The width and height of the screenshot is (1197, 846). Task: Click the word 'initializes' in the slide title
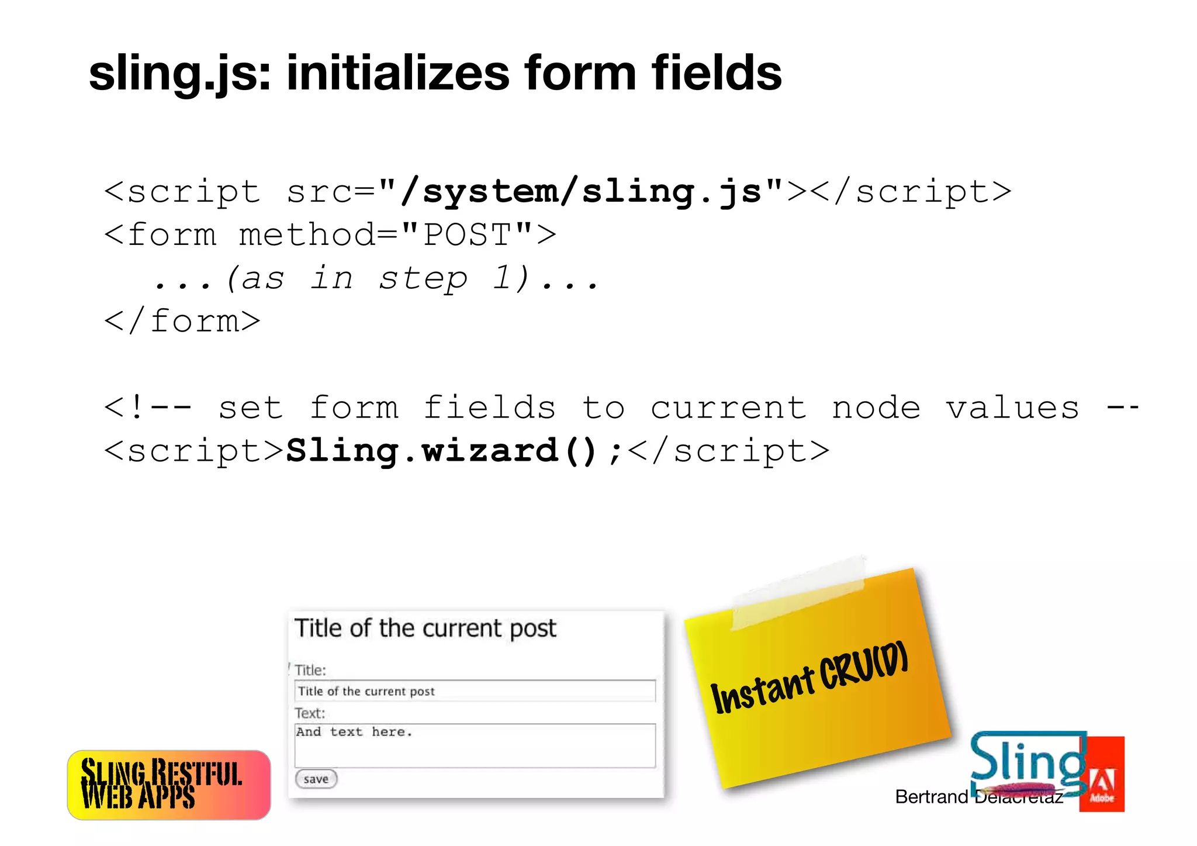coord(397,73)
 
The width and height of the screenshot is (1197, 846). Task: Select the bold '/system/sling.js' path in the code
coord(581,192)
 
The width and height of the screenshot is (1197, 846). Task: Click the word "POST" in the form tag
coord(467,235)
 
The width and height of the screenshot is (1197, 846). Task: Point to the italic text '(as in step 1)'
coord(378,278)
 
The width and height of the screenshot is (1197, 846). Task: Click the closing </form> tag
coord(182,321)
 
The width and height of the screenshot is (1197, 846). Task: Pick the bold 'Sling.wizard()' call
coord(441,451)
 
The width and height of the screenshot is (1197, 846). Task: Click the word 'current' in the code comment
coord(728,408)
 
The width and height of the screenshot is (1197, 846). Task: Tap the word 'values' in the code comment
coord(1012,408)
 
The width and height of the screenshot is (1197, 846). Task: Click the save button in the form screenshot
coord(316,779)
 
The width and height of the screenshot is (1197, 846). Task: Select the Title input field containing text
coord(475,691)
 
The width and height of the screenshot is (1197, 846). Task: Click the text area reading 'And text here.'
coord(475,745)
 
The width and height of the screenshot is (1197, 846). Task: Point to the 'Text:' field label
coord(310,713)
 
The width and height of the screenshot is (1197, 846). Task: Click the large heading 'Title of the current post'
coord(425,629)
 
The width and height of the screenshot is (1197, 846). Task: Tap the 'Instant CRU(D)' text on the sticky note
coord(809,678)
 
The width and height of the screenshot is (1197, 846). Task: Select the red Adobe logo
coord(1102,775)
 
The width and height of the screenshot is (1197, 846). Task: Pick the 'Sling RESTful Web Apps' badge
coord(169,785)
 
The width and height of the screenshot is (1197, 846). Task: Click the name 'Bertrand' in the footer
coord(932,797)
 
